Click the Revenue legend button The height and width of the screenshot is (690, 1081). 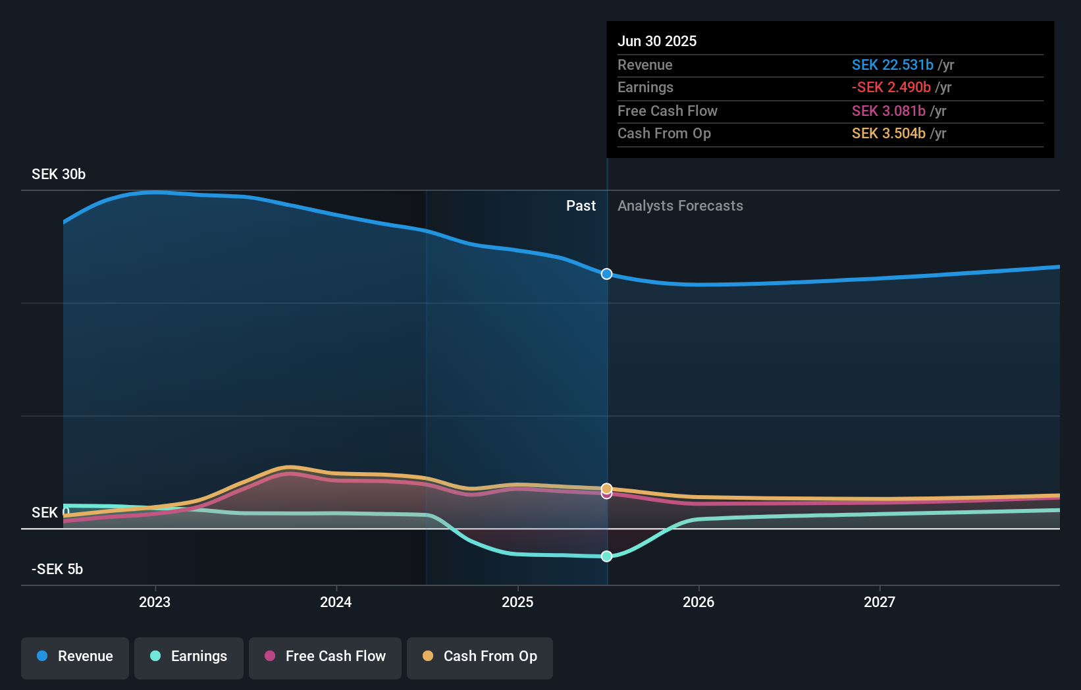click(75, 656)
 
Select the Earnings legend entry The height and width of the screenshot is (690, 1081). click(189, 656)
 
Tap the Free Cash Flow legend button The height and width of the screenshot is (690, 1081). click(325, 656)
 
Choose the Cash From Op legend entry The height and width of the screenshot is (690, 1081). click(480, 656)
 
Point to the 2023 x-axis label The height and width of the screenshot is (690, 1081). click(155, 602)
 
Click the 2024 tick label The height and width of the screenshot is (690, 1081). click(336, 602)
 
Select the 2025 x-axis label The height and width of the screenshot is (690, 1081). click(517, 602)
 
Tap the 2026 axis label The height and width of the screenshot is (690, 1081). click(699, 602)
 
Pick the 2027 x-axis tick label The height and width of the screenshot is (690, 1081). click(880, 602)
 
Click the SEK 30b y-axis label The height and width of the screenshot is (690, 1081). click(59, 174)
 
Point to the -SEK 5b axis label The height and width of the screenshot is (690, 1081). click(57, 569)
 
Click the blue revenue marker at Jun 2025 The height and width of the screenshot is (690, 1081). click(606, 274)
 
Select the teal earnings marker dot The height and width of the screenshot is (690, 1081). click(606, 556)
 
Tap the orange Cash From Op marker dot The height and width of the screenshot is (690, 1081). click(606, 488)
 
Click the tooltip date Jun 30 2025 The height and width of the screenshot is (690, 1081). click(656, 41)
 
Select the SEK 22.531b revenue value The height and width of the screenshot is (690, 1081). click(892, 65)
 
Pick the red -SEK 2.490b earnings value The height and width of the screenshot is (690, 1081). click(891, 87)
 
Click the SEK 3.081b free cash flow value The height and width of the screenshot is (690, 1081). click(888, 111)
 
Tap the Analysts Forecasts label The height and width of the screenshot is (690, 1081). click(680, 205)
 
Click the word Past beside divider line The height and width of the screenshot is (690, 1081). click(581, 205)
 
